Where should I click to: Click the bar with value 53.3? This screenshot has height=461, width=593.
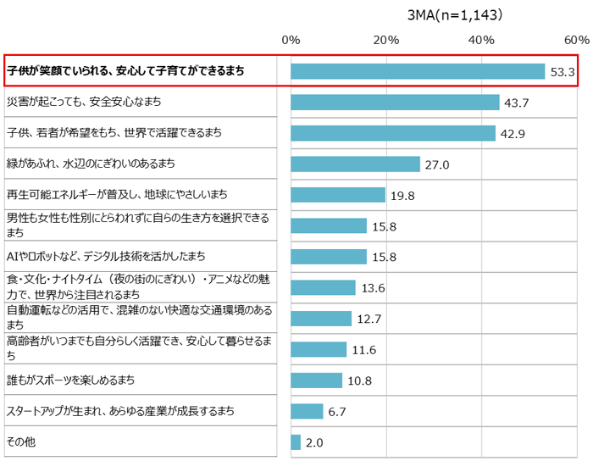coord(418,72)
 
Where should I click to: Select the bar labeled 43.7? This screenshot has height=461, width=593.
coord(395,103)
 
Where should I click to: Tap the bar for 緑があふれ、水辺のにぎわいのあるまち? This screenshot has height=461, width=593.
coord(355,164)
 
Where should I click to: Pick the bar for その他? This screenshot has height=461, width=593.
coord(296,442)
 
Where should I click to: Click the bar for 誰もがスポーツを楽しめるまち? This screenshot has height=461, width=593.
coord(316,380)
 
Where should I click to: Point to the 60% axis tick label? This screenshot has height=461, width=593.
coord(577,40)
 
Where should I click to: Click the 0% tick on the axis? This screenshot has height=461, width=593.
coord(291,40)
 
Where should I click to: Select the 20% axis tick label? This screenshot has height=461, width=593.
coord(386,40)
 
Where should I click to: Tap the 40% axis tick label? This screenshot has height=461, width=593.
coord(482,40)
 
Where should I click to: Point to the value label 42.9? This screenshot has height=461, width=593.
coord(515,134)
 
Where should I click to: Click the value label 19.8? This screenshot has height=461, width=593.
coord(403,196)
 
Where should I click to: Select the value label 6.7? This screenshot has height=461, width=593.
coord(337,412)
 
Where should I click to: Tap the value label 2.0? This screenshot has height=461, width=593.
coord(313,442)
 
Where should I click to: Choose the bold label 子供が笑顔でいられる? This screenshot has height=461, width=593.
coord(125,72)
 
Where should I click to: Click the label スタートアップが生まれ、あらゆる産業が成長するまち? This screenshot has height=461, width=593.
coord(120,412)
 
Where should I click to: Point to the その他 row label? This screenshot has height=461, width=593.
coord(20,442)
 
